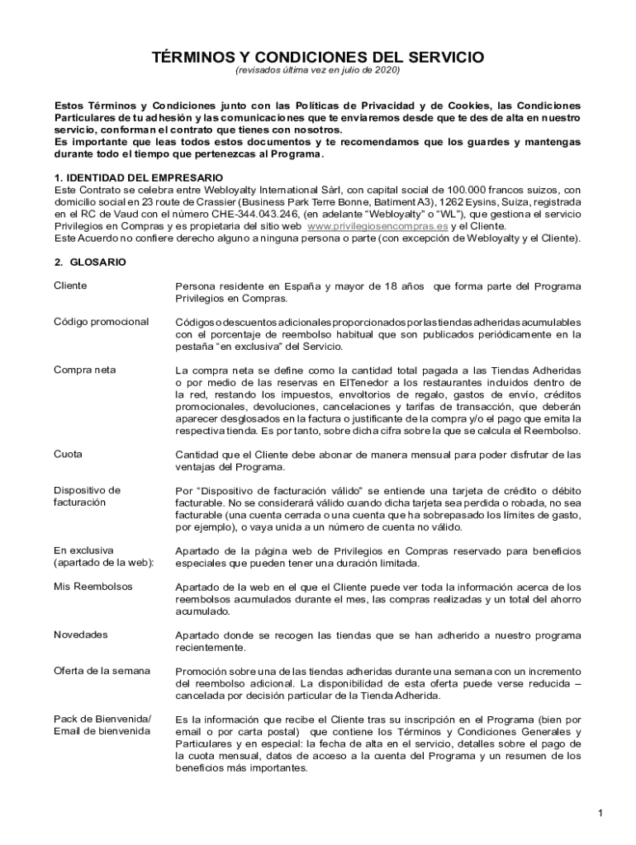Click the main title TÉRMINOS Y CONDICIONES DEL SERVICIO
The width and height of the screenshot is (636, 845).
317,57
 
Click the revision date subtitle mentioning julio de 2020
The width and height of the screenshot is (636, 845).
317,71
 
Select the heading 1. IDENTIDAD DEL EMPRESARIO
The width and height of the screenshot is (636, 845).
139,177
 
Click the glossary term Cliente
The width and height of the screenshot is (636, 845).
70,286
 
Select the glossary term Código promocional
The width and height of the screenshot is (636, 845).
101,321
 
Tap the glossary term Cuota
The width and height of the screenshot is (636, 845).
68,454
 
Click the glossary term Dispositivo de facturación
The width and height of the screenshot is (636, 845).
87,496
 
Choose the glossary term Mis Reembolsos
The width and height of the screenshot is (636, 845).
93,586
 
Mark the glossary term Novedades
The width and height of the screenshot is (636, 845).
80,635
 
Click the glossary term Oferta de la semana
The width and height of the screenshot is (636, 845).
102,671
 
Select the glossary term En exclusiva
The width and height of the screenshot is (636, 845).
83,550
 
